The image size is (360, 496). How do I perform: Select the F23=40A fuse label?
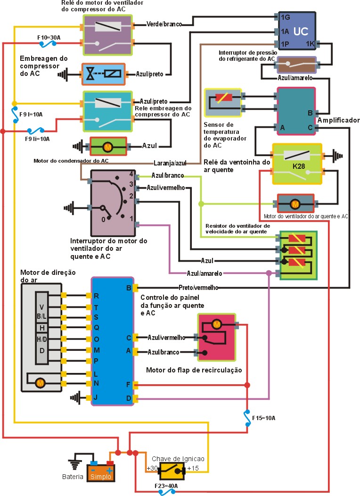(166, 485)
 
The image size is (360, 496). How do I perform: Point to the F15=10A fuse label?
(263, 418)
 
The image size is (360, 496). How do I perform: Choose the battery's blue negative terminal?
(94, 463)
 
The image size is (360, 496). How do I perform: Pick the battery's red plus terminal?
(110, 463)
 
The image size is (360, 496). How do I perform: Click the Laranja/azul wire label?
(170, 163)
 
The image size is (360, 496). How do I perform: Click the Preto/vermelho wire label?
(198, 288)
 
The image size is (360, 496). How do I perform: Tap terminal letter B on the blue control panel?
(129, 288)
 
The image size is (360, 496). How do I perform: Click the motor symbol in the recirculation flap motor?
(217, 324)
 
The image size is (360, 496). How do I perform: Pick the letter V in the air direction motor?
(42, 307)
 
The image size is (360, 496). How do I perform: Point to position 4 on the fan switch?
(131, 174)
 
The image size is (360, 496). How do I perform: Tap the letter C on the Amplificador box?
(310, 127)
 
